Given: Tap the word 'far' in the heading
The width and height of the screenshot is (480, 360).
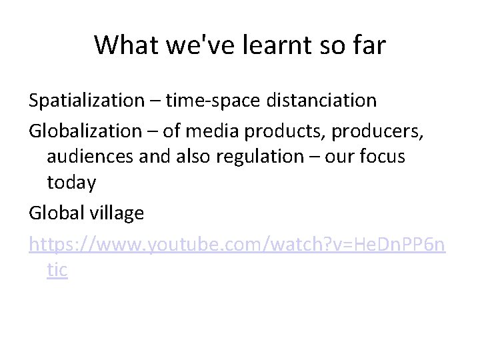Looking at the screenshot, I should tap(367, 45).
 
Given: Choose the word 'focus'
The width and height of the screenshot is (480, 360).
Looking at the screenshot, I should tap(382, 157).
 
